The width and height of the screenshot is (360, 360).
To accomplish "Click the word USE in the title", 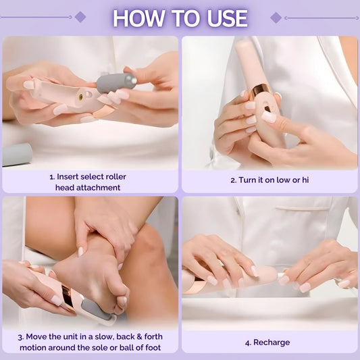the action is tap(228, 18).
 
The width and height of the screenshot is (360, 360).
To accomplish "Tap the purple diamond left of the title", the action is tap(80, 17).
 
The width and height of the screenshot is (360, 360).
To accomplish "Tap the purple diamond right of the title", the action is tap(276, 18).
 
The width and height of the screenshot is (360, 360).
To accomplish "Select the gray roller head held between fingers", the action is tap(116, 83).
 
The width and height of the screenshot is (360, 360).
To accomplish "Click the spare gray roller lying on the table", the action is tap(17, 155).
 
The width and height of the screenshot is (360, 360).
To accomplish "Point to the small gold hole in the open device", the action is tap(81, 97).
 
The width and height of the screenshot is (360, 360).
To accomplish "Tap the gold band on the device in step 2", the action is tap(259, 91).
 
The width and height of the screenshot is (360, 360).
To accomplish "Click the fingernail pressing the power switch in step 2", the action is tap(269, 116).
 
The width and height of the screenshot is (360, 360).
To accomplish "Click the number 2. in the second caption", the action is tap(234, 180).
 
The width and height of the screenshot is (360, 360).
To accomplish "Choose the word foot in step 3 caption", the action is tap(153, 348).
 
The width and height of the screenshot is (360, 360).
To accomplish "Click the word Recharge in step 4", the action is tap(272, 342).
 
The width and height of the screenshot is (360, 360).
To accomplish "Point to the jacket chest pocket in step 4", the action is tap(303, 209).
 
